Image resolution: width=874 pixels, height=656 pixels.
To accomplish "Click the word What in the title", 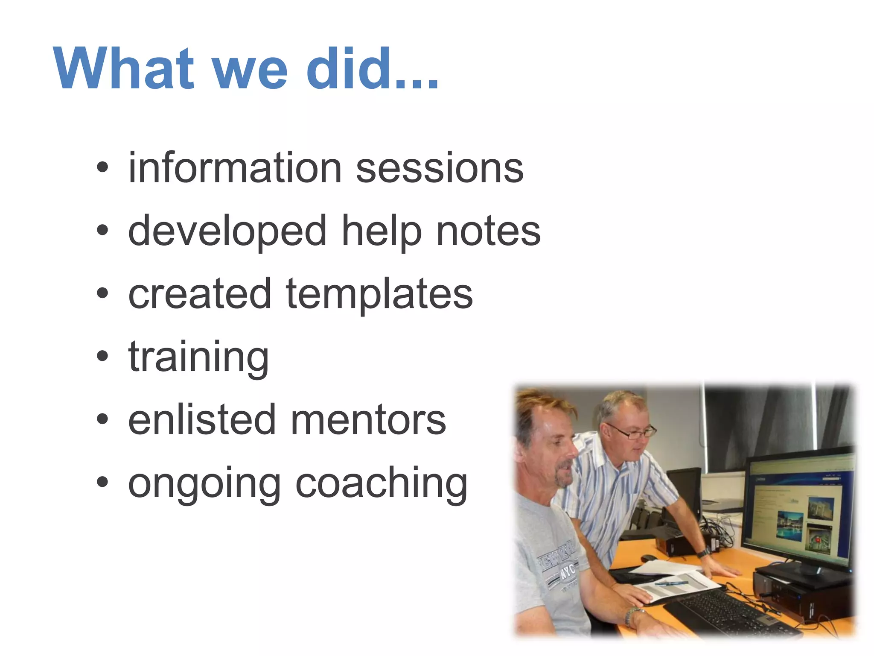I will (124, 69).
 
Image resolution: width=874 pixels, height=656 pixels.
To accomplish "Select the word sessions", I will (440, 169).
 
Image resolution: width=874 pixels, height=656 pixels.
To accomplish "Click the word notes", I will (488, 231).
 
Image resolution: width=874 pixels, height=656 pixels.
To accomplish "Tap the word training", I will (198, 358).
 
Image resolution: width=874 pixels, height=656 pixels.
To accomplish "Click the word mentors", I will (368, 420).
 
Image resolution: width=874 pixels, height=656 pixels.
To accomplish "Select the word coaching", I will (382, 484).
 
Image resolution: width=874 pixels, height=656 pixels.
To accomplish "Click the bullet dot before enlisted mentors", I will (102, 419).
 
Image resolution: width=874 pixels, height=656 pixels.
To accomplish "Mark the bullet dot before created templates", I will (102, 293).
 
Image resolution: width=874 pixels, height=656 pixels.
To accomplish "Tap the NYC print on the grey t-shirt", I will (567, 570).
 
